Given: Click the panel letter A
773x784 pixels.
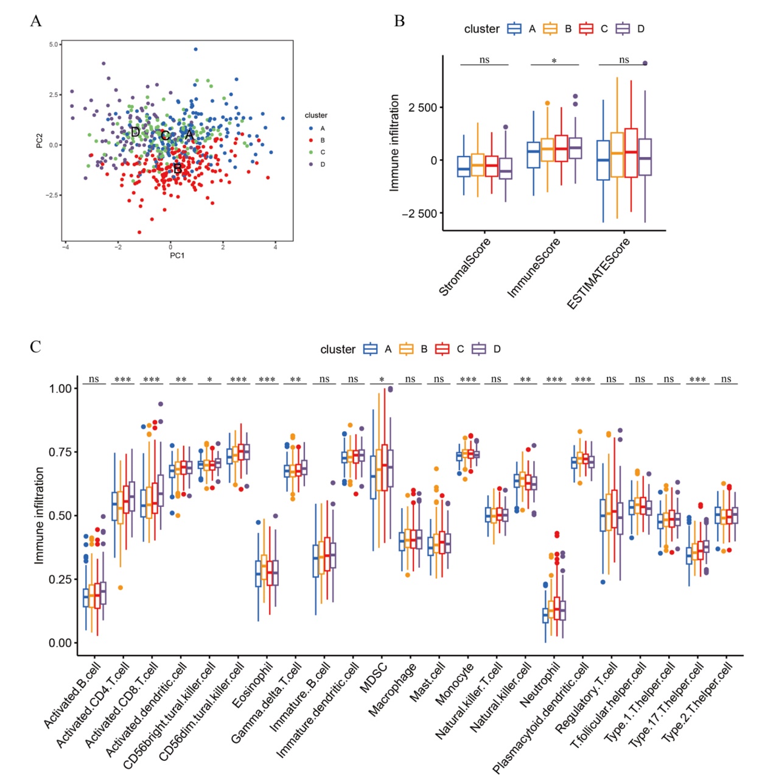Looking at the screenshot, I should click(x=36, y=21).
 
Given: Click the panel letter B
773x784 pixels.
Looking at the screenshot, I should click(x=399, y=21).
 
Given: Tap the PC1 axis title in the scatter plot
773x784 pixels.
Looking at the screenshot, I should click(x=177, y=255).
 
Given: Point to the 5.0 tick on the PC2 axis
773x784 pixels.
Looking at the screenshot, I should click(x=54, y=44).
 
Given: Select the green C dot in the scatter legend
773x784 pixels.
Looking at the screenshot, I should click(x=311, y=152).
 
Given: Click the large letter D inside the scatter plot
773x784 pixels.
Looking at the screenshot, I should click(x=135, y=132).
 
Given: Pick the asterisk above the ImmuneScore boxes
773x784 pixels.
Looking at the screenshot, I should click(x=554, y=62).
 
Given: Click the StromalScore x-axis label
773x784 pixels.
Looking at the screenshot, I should click(x=465, y=267).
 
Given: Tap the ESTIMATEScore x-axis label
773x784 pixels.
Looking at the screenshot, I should click(x=599, y=273).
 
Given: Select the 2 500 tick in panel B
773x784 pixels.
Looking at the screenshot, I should click(x=422, y=108).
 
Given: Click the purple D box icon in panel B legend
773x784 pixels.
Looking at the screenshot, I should click(x=622, y=29).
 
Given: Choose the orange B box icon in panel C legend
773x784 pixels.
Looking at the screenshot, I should click(x=406, y=349).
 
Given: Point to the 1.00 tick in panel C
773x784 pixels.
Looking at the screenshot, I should click(x=60, y=389).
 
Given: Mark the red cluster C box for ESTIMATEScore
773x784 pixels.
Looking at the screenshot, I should click(x=631, y=153).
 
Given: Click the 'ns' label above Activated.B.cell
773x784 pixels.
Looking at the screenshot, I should click(x=94, y=379).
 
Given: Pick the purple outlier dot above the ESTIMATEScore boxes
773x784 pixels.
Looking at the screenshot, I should click(x=645, y=63).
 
